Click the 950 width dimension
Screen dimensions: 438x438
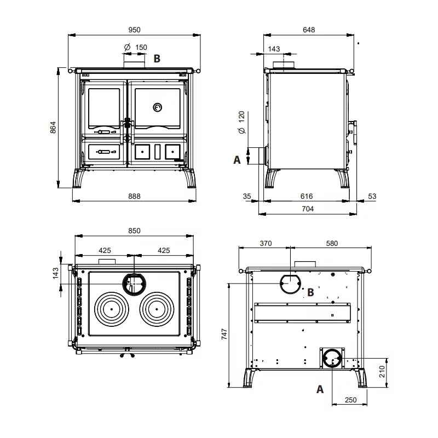(x=134, y=30)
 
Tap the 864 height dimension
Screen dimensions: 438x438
(x=53, y=128)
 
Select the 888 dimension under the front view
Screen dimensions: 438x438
(x=134, y=196)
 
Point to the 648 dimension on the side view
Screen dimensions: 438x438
(x=309, y=30)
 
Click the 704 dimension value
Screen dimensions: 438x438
(x=308, y=209)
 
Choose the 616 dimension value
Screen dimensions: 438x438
(x=307, y=196)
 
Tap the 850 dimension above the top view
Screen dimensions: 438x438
(x=134, y=230)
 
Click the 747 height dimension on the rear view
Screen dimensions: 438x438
(x=224, y=334)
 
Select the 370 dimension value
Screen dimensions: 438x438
(x=266, y=243)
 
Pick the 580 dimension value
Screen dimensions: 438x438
(x=332, y=243)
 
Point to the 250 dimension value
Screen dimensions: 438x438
(x=350, y=400)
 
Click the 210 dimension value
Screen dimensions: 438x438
(x=382, y=372)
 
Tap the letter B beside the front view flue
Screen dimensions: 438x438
(x=157, y=59)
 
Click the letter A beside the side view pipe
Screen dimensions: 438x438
(x=237, y=160)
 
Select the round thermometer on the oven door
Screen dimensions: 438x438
(x=158, y=107)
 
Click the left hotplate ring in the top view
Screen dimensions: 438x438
(x=112, y=292)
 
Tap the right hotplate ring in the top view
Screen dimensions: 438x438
(x=157, y=292)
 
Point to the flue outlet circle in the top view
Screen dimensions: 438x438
(x=134, y=274)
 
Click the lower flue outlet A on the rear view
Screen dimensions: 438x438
(x=332, y=349)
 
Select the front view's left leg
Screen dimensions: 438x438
(x=78, y=178)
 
